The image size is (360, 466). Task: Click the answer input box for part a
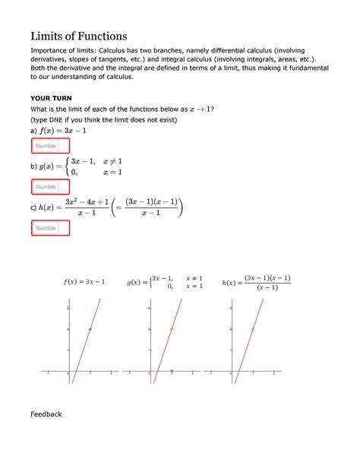[x=49, y=146]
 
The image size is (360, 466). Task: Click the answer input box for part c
[x=49, y=227]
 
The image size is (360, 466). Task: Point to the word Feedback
[x=46, y=414]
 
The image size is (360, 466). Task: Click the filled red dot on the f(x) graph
[x=90, y=329]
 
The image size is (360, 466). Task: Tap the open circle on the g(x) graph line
[x=172, y=329]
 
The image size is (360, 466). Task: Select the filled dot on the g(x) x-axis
[x=172, y=371]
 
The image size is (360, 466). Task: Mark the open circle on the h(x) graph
[x=253, y=329]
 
